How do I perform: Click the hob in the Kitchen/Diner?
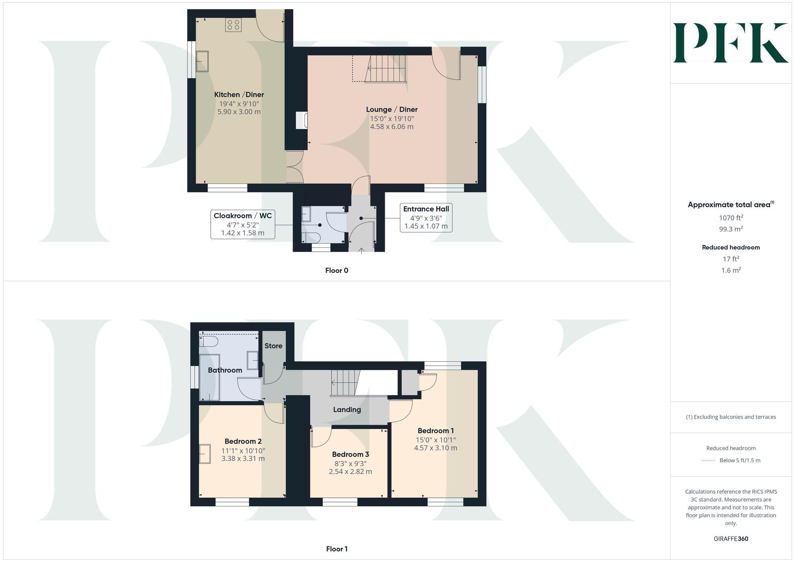point(233,25)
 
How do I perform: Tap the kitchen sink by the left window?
point(202,61)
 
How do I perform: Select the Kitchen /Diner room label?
point(239,95)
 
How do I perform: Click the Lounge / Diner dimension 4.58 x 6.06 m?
point(392,127)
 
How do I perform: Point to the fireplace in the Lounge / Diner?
point(302,120)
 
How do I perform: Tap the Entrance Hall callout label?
point(426,209)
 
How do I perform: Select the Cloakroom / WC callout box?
point(242,224)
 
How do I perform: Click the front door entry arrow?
point(361,251)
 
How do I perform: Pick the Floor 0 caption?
point(337,270)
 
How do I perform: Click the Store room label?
point(273,346)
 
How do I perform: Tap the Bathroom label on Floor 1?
point(225,370)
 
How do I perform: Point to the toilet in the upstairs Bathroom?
point(209,341)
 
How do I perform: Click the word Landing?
point(347,409)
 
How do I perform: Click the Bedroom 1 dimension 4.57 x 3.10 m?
point(435,448)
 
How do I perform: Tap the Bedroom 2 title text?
point(243,441)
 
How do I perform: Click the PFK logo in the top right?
point(731,43)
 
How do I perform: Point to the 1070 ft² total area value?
point(731,218)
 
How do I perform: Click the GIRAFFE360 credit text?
point(731,539)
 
